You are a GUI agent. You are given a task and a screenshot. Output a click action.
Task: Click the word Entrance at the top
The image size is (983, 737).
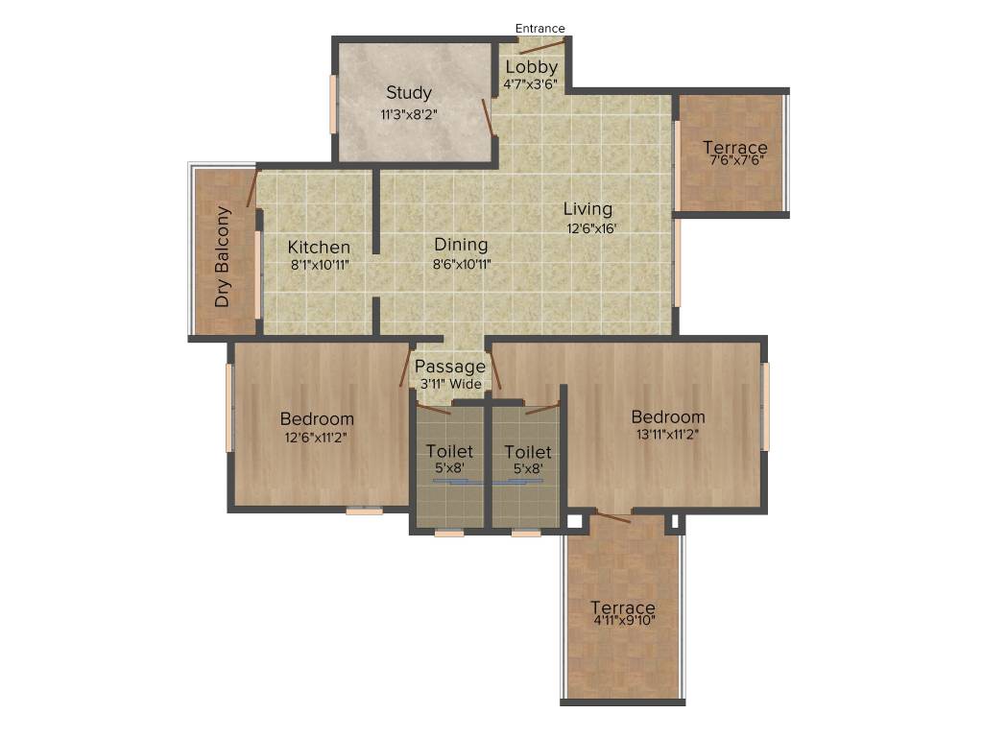coord(539,29)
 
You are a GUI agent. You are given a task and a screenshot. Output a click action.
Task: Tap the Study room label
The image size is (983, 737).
coord(409,93)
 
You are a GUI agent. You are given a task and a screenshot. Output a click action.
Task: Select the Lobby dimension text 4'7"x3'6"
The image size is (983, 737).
coord(530,84)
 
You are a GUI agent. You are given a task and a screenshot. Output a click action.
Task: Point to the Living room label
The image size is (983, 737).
coord(587,209)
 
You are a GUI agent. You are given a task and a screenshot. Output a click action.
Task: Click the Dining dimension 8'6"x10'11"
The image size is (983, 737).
coord(461,265)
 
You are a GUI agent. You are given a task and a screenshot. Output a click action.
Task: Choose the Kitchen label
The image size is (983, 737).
coord(319,248)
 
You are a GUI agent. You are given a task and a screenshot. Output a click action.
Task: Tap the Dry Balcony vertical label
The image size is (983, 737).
coord(223,256)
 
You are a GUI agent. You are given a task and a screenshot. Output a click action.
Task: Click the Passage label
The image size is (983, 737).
coord(450,367)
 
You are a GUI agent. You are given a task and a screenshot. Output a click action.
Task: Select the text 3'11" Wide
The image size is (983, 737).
coord(451,384)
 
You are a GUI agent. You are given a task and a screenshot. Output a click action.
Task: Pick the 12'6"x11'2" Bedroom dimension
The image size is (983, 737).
coord(317,438)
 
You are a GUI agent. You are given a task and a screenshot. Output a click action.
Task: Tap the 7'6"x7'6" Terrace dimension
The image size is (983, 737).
coord(735,160)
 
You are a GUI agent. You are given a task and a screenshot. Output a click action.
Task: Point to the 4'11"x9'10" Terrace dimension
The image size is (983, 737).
coord(623,621)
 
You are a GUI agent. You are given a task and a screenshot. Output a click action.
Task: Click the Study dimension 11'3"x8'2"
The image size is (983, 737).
coord(409,115)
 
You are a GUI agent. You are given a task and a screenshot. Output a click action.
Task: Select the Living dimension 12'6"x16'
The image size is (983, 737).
coord(587,228)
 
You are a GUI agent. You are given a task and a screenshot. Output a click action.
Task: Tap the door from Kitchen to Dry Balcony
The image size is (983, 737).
coord(253,188)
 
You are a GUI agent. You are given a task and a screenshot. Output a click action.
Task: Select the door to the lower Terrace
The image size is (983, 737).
coord(611,518)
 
